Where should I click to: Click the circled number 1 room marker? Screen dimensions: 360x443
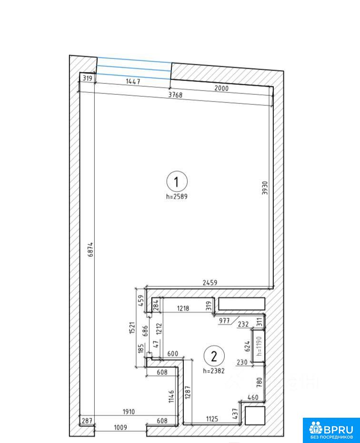[177, 181]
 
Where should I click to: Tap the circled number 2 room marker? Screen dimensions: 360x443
[214, 356]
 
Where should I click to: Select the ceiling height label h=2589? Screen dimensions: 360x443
[177, 196]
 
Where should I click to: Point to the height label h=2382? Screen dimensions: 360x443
[214, 371]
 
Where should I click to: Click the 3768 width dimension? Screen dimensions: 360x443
[175, 95]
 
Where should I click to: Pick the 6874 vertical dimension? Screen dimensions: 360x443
[90, 249]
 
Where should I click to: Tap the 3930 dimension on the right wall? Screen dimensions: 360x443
[265, 188]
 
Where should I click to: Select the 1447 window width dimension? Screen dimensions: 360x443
[133, 81]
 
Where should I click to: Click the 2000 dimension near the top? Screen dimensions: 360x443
[221, 88]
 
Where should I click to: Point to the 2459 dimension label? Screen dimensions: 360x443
[210, 282]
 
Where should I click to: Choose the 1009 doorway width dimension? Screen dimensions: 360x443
[120, 427]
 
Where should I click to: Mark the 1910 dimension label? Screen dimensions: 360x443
[129, 412]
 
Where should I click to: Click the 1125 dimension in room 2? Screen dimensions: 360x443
[212, 419]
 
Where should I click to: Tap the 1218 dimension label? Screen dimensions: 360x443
[183, 308]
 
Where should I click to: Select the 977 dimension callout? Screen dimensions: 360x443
[224, 321]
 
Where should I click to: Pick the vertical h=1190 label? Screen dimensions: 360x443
[259, 346]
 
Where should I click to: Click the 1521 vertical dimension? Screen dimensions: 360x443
[132, 328]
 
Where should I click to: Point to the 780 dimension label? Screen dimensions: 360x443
[259, 382]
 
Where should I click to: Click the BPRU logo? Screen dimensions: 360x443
[331, 430]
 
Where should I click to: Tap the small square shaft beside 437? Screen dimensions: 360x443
[255, 415]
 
